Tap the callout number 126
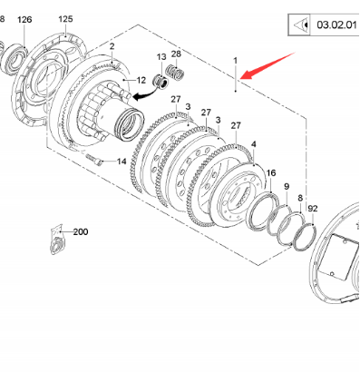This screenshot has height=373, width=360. (x=24, y=20)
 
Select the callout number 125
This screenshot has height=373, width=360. (x=65, y=19)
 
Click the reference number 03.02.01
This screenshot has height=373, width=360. (x=336, y=25)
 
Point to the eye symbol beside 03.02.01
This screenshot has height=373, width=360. (x=301, y=25)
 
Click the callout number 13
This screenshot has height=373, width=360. (x=161, y=57)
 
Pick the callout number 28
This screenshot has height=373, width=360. (x=176, y=54)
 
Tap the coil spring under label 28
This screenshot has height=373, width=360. (x=175, y=73)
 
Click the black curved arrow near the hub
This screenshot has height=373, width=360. (x=144, y=94)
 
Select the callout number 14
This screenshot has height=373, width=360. (x=122, y=162)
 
